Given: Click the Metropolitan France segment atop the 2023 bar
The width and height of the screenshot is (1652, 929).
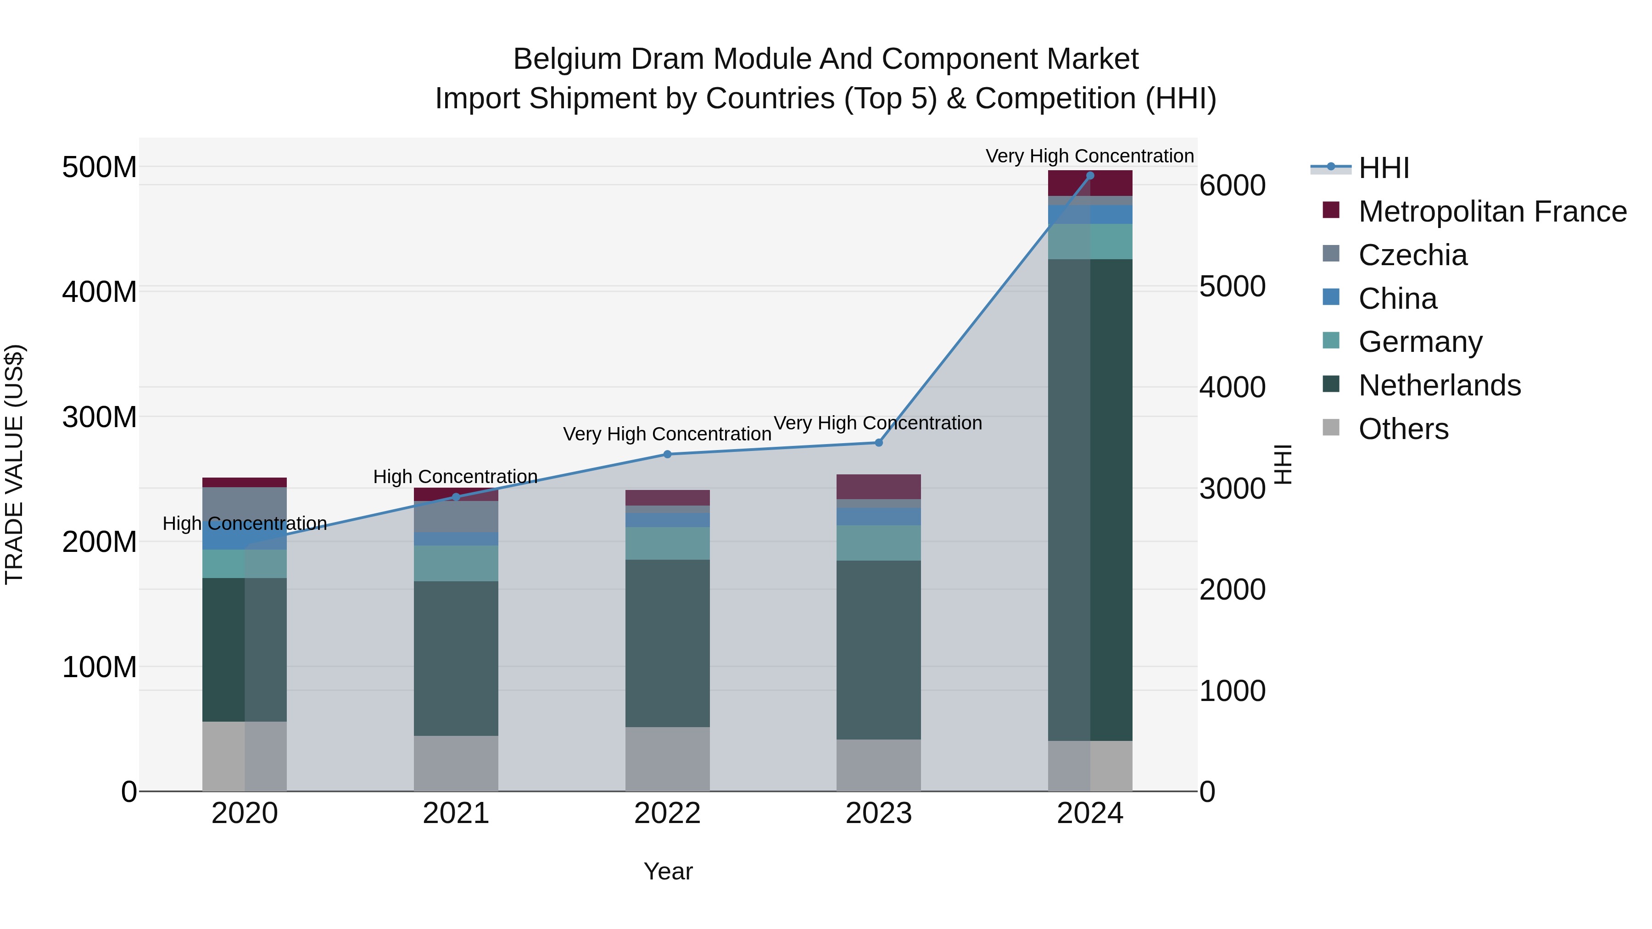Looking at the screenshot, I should (879, 487).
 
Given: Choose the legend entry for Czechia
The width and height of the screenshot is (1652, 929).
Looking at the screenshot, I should (1412, 255).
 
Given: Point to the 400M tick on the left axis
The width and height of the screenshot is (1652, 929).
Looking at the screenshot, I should (100, 292).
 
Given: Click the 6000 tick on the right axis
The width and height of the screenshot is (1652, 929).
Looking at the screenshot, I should (1232, 186).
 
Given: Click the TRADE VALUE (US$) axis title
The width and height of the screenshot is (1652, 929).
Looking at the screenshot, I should (14, 464).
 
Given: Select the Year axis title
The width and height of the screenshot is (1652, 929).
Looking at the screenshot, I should (668, 871).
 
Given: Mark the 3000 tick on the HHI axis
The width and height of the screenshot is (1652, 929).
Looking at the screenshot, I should (1232, 489).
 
